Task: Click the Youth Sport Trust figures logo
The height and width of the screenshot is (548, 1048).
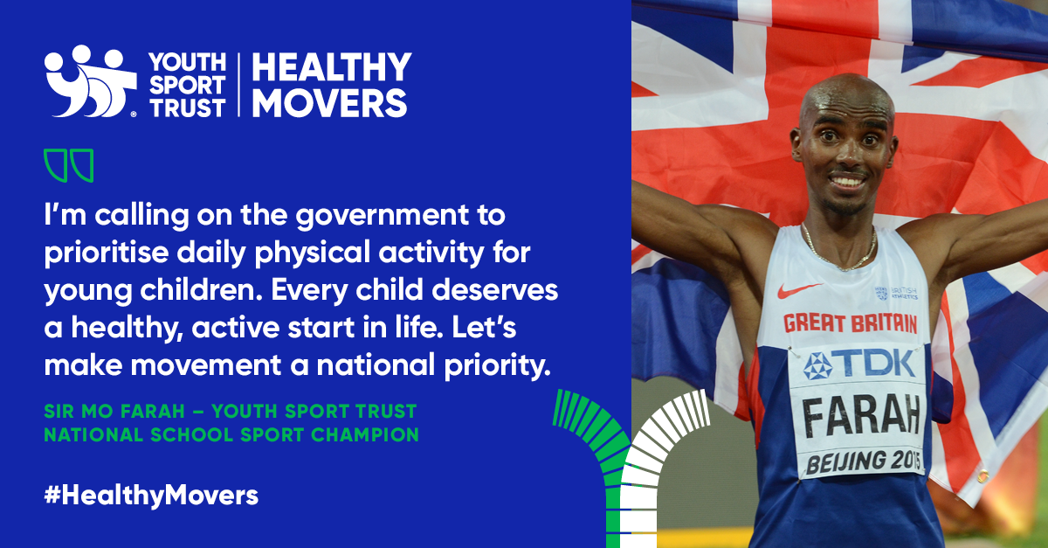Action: (90, 81)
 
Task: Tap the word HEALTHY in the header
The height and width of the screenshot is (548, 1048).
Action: (332, 66)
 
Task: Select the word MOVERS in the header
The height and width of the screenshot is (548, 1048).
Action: (330, 102)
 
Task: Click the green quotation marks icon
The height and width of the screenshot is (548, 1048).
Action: (69, 165)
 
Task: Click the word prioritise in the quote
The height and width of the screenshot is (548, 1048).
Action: (107, 253)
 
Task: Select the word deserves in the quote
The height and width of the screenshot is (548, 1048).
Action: (495, 290)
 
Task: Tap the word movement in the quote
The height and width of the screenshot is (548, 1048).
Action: (206, 365)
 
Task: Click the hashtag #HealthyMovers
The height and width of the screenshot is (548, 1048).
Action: (151, 496)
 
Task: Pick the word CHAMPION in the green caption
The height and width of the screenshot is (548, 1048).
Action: (365, 435)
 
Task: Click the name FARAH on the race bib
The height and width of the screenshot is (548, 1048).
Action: (861, 415)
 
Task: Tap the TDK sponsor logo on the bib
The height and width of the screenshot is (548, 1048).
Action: (859, 364)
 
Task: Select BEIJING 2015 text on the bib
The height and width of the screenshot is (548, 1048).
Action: (864, 461)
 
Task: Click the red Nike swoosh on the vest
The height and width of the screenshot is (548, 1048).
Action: (799, 290)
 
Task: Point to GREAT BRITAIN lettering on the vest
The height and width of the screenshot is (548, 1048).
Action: (850, 323)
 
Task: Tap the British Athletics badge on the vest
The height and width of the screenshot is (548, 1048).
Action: (896, 293)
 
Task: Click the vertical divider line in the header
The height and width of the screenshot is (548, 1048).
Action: (239, 84)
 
